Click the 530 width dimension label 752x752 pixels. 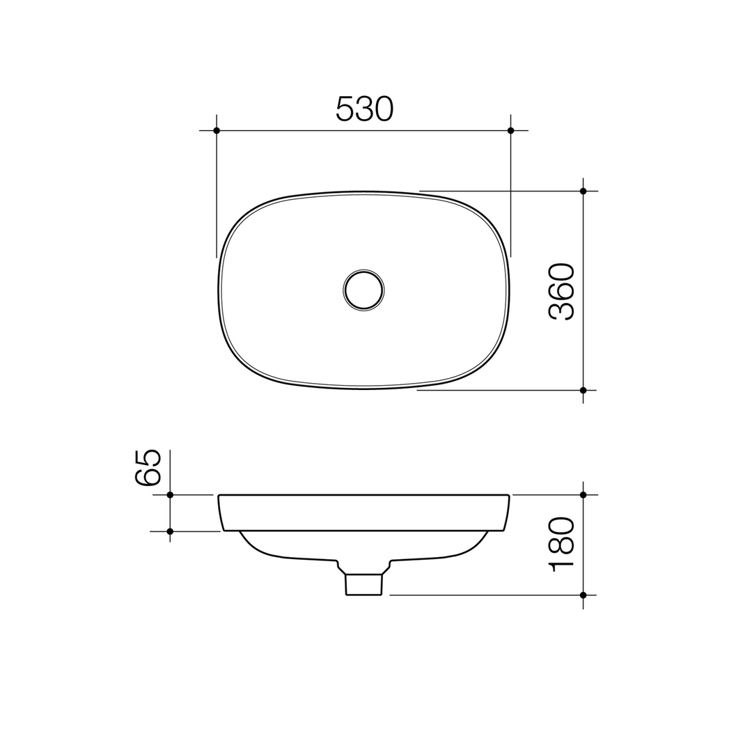tap(365, 109)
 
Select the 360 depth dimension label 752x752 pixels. tap(561, 291)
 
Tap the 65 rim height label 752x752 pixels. tap(148, 467)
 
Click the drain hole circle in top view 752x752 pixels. tap(363, 290)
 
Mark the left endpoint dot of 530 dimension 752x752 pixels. tap(217, 130)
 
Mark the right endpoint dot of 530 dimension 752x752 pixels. tap(510, 130)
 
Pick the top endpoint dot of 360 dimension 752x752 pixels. tap(583, 191)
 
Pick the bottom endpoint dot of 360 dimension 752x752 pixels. tap(583, 390)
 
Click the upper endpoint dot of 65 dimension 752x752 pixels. tap(170, 494)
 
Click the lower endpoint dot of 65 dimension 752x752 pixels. tap(170, 531)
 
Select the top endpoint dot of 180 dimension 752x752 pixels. tap(583, 494)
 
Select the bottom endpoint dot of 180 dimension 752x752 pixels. tap(583, 595)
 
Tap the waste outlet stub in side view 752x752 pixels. tap(363, 584)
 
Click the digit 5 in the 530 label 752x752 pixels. tap(345, 109)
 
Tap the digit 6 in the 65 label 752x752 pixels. tap(148, 477)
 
